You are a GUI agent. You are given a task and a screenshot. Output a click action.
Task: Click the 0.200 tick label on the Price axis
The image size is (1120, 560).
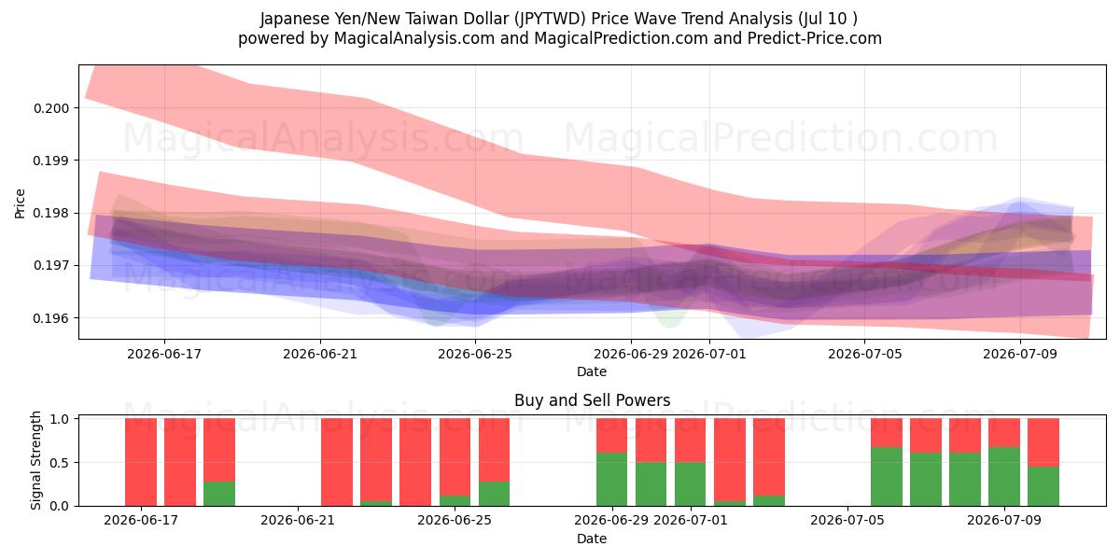(x=51, y=108)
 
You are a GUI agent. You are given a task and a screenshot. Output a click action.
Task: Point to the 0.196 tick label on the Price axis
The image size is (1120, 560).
(x=51, y=318)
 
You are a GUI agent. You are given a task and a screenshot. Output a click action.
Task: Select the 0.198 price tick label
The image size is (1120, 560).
(x=51, y=213)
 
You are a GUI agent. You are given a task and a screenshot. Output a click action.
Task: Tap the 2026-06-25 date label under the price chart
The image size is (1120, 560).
(x=475, y=354)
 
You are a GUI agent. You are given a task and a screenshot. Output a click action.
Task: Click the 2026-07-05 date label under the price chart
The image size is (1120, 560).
(x=864, y=354)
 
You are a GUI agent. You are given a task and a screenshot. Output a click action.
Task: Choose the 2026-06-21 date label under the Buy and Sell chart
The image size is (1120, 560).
(x=298, y=520)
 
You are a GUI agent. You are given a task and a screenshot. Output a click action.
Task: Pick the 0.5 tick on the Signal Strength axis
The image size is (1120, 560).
(x=60, y=463)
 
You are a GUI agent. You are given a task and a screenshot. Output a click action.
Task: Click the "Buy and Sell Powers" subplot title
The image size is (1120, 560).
(x=592, y=400)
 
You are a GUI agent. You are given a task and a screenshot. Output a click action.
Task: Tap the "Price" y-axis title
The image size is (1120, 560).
(x=20, y=203)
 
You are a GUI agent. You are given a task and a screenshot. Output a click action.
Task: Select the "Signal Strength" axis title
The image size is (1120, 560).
(x=35, y=460)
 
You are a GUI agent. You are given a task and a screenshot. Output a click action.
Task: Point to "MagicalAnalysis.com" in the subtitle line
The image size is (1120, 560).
(x=414, y=38)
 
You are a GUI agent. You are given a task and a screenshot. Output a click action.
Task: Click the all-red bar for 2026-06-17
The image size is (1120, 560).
(x=141, y=462)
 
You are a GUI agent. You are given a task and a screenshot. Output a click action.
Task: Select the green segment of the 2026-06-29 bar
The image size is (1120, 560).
(x=611, y=479)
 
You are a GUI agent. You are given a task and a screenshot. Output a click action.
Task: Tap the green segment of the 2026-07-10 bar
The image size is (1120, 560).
(x=1043, y=486)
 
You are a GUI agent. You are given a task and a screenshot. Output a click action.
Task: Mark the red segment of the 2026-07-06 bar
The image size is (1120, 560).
(x=887, y=433)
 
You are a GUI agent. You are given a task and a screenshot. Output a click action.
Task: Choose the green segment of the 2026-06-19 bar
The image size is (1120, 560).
(x=219, y=494)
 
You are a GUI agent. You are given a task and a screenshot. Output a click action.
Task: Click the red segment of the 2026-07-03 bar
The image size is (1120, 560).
(x=769, y=457)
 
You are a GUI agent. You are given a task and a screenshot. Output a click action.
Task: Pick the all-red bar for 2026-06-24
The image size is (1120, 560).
(x=415, y=462)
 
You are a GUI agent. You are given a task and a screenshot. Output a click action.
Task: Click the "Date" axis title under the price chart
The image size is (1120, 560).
(x=592, y=371)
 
